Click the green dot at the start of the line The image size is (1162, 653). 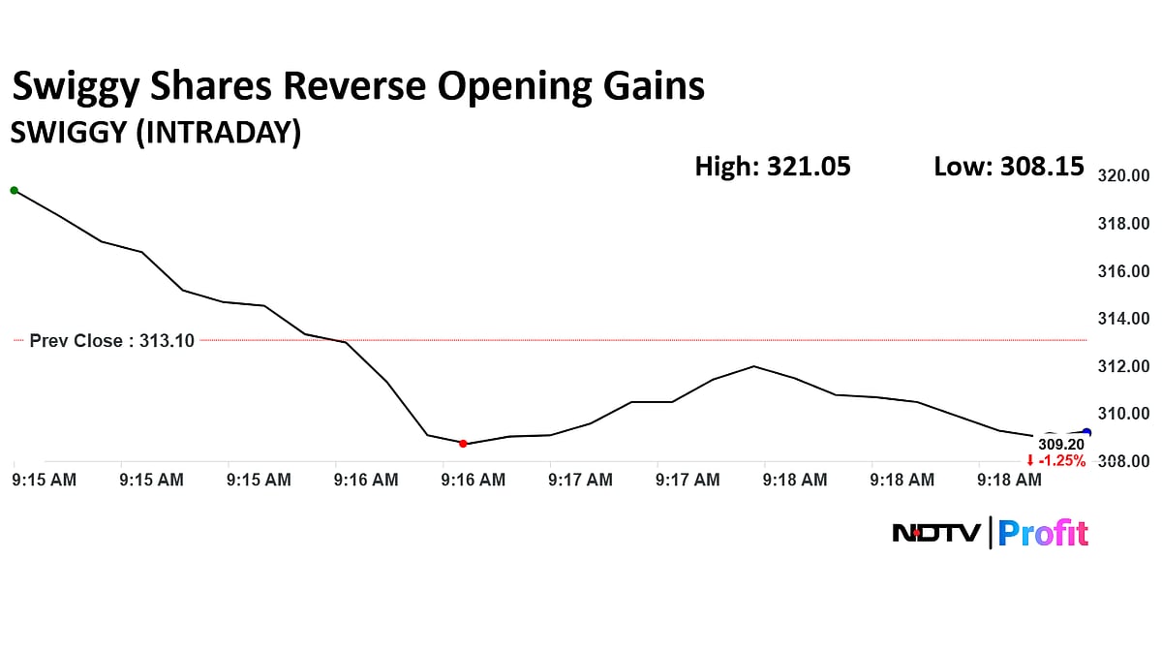click(x=14, y=190)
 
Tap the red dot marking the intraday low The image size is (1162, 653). click(x=463, y=444)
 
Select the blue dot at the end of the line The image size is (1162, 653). click(x=1086, y=433)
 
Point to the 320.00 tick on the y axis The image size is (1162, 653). click(x=1122, y=176)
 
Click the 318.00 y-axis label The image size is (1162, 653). click(x=1122, y=224)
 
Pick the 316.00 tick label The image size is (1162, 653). click(x=1122, y=271)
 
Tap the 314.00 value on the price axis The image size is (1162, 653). click(x=1122, y=319)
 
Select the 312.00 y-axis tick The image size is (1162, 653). click(x=1122, y=366)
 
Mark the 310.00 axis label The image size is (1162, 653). click(x=1122, y=414)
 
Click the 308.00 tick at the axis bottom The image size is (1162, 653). click(x=1122, y=461)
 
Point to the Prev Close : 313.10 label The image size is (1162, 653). click(x=111, y=341)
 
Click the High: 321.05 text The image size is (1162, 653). click(x=773, y=167)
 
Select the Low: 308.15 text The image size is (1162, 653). click(x=1008, y=167)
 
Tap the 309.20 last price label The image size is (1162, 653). click(x=1061, y=445)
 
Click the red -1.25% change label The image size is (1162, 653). click(x=1056, y=461)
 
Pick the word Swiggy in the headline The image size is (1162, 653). click(x=75, y=88)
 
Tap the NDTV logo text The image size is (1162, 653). click(x=935, y=533)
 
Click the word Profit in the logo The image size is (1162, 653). click(x=1043, y=533)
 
